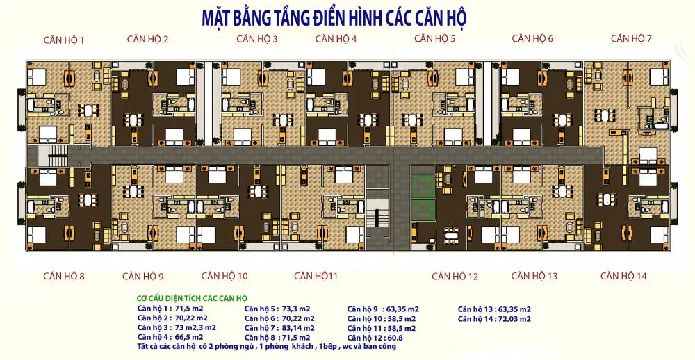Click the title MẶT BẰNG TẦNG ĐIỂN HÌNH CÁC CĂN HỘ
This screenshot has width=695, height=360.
point(334,18)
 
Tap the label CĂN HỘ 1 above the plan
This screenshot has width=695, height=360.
point(64,40)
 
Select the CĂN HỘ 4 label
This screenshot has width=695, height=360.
point(336,39)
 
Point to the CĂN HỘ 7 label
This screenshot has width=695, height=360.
point(631,38)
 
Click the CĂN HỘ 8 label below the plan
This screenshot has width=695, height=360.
point(64,276)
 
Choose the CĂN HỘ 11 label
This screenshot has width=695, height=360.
point(316,276)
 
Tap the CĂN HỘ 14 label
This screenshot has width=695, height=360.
point(623,276)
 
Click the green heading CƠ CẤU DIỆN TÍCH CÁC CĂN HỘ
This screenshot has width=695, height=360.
point(192,298)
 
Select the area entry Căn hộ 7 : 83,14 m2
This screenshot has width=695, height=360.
point(279,328)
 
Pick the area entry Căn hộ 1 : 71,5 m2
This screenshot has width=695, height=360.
point(170,308)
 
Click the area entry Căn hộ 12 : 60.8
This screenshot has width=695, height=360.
point(375,338)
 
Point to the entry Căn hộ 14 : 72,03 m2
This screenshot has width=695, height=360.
point(494,319)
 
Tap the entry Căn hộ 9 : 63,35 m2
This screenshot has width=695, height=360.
point(383,309)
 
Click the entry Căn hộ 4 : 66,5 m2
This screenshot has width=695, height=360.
point(170,337)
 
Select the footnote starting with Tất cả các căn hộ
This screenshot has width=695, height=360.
point(267,346)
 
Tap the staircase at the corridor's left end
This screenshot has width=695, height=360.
point(54,155)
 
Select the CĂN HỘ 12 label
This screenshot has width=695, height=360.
point(455,277)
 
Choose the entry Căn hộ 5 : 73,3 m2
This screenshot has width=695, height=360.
point(277,309)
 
